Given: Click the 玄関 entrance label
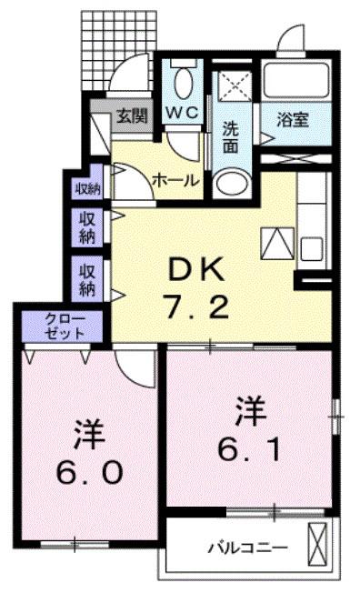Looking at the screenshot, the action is pyautogui.click(x=132, y=116).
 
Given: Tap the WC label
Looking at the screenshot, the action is pyautogui.click(x=183, y=112).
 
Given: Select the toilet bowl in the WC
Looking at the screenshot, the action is pyautogui.click(x=184, y=84).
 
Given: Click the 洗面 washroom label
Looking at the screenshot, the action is pyautogui.click(x=230, y=137).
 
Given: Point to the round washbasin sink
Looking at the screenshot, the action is pyautogui.click(x=231, y=185).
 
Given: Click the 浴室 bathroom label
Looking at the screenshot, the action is pyautogui.click(x=293, y=120).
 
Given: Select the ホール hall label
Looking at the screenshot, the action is pyautogui.click(x=175, y=180).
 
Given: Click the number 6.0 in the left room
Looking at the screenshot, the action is pyautogui.click(x=89, y=472).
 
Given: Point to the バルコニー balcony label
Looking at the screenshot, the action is pyautogui.click(x=248, y=547).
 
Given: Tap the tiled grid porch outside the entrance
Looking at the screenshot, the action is pyautogui.click(x=119, y=50).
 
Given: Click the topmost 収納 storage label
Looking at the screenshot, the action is pyautogui.click(x=88, y=188).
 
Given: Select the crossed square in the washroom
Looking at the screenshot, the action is pyautogui.click(x=235, y=86).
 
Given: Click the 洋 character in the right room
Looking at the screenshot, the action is pyautogui.click(x=250, y=411).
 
